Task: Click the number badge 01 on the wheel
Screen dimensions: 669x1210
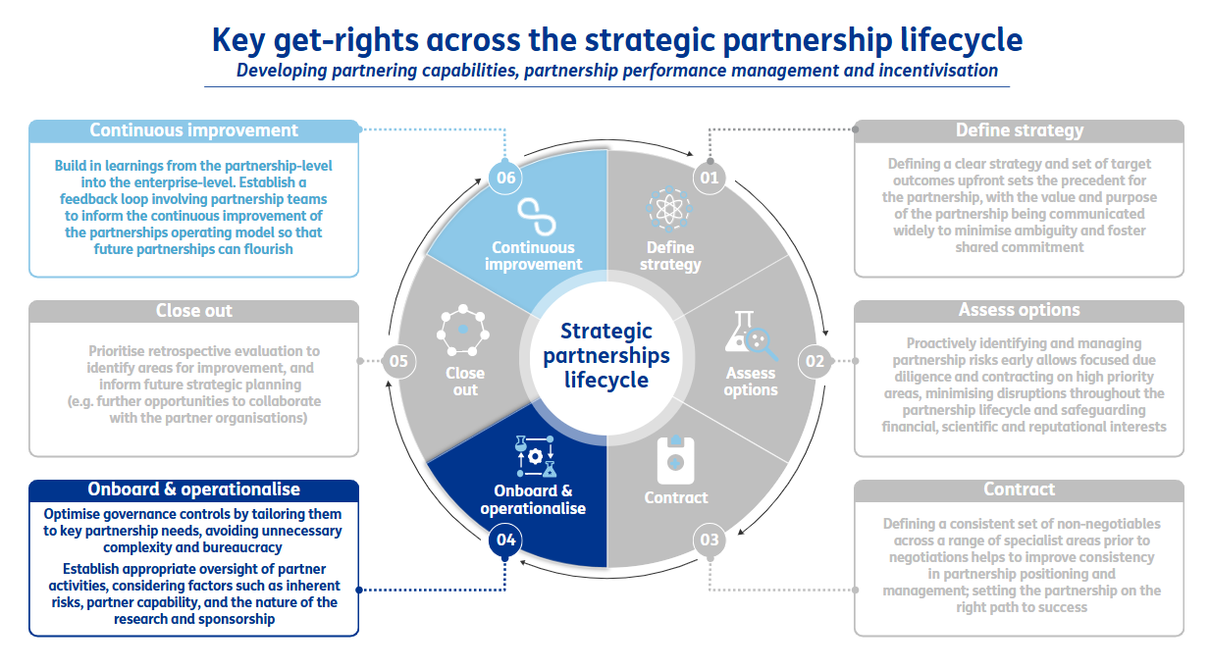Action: [x=708, y=178]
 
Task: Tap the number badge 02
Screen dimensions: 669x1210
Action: [x=815, y=361]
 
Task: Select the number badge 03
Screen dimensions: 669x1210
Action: [x=709, y=540]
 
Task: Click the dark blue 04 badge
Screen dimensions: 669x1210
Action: [x=505, y=540]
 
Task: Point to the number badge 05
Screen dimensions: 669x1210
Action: [x=397, y=361]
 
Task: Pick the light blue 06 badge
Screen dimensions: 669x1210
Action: [x=505, y=178]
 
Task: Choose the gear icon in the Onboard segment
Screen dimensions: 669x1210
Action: [x=534, y=456]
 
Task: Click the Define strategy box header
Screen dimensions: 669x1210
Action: [x=1020, y=130]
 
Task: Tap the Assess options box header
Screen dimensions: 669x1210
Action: [x=1020, y=310]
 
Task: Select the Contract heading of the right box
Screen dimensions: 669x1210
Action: [x=1020, y=489]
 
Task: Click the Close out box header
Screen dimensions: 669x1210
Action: [x=193, y=311]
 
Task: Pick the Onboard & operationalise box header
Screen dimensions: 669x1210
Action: [x=193, y=489]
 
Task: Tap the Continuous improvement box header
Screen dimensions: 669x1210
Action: [x=193, y=130]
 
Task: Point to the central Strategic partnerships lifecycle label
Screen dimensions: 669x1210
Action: [x=606, y=355]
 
